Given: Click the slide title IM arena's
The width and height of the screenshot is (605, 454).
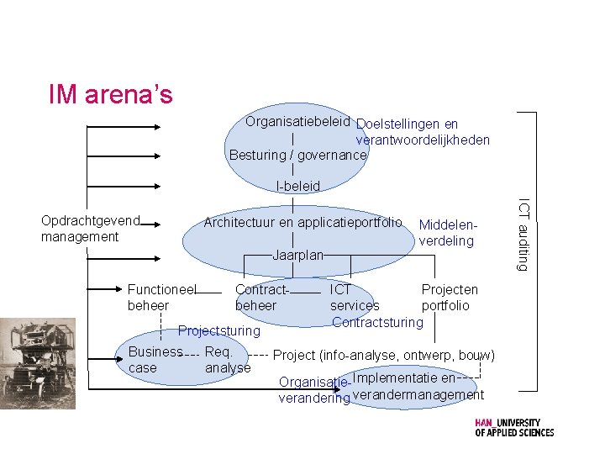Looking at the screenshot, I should coord(110,94).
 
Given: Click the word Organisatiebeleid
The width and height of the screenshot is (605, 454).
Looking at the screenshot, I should coord(297,122).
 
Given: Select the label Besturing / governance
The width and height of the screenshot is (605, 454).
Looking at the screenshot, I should coord(297,155).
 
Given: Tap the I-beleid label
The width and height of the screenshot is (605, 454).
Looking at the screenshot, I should coord(297,186).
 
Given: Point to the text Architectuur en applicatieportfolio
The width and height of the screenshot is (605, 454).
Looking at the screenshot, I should coord(302,223).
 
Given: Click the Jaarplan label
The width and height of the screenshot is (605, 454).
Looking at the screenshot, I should coord(297,255).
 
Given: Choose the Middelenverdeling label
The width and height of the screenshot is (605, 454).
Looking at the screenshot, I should coord(448,233).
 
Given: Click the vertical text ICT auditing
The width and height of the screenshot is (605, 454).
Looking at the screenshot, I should coord(523,235).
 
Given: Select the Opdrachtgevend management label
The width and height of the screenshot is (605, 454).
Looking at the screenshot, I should coord(90,229).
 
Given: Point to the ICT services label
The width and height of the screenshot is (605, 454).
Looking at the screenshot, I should coord(354,298).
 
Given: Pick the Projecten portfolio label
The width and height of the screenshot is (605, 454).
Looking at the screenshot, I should coord(449,298).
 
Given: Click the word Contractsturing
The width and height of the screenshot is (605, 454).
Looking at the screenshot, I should coord(378,322).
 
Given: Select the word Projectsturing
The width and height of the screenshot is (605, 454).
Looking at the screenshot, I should coord(218,330).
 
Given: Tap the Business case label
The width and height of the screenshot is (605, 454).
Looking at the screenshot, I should coord(155,360).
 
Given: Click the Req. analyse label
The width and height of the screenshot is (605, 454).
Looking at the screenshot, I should coord(227,360).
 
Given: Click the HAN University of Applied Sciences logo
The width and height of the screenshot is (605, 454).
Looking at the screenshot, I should coord(513,428).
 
